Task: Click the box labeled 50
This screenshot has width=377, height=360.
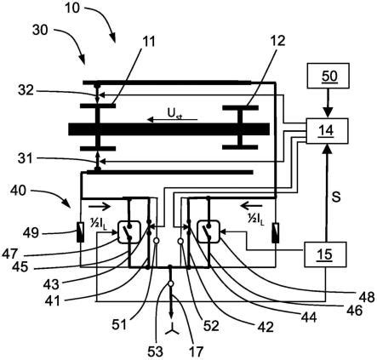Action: click(x=328, y=76)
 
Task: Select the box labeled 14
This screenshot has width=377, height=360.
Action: click(x=327, y=131)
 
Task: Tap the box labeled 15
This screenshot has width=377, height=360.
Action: click(x=325, y=254)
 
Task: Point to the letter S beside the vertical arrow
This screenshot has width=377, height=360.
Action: click(x=336, y=197)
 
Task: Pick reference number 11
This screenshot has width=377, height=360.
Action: click(x=148, y=42)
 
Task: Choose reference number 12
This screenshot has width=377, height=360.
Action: click(x=277, y=41)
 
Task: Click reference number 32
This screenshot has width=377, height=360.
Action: click(x=26, y=90)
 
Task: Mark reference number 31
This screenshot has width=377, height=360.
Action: click(x=26, y=159)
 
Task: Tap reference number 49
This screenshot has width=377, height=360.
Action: click(x=31, y=233)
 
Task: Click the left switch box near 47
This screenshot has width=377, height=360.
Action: click(x=129, y=232)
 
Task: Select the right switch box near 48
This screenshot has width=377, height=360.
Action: click(x=208, y=231)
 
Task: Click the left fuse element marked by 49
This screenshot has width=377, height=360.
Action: click(x=81, y=232)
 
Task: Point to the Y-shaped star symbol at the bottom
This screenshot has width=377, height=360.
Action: click(x=172, y=331)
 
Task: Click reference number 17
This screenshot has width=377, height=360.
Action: click(x=196, y=351)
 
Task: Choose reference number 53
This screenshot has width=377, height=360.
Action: click(x=155, y=351)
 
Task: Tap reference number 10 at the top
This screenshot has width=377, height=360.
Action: click(x=72, y=8)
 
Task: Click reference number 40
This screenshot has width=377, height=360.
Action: click(x=18, y=191)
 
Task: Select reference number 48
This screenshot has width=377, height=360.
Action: click(x=367, y=297)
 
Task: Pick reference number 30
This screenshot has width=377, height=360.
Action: click(x=40, y=30)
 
